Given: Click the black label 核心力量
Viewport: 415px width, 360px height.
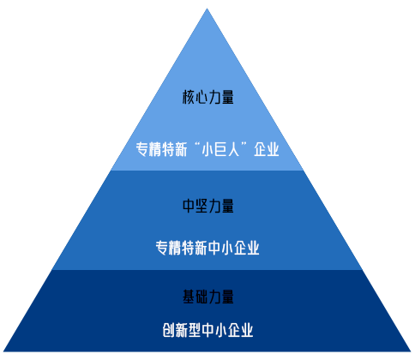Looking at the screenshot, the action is (208, 97).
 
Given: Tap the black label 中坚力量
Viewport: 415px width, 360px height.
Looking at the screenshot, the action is (208, 206).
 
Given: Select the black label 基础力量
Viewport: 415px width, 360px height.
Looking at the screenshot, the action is (208, 297).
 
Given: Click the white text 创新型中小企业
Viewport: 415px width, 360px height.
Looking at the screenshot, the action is (207, 330).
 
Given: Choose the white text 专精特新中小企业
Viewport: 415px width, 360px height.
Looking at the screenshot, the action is (207, 248).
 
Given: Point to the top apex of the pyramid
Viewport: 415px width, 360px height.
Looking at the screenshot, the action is (207, 9).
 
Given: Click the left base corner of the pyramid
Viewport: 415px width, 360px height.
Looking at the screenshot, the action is (3, 351).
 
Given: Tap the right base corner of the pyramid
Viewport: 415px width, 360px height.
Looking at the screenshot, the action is (411, 351).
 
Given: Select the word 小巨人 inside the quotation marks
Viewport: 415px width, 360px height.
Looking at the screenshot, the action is (220, 149).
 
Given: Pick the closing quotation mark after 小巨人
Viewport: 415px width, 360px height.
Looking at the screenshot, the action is (244, 145).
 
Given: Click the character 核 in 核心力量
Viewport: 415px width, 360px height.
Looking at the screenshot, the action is (189, 97).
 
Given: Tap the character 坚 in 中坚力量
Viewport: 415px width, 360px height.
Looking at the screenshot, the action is (201, 206).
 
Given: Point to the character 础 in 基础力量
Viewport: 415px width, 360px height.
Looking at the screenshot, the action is (201, 297).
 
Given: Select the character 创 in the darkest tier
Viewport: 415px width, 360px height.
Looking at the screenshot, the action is (169, 330).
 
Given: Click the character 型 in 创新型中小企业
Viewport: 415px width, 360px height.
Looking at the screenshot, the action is (195, 330).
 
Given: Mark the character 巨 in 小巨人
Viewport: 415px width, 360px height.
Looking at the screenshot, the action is (220, 149).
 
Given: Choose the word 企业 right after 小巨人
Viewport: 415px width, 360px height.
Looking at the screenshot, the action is (267, 149).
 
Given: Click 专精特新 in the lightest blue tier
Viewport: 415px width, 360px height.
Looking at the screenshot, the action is (161, 149).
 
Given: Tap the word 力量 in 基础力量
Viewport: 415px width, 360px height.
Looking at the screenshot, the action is (221, 297).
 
